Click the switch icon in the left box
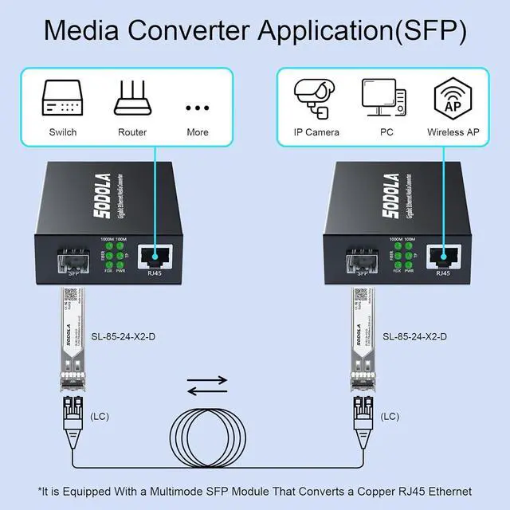point(62,98)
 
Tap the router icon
point(131,97)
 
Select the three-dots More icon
point(197,107)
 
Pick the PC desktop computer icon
point(383,97)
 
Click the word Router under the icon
point(132,132)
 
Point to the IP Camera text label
point(316,132)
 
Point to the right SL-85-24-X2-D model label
point(414,337)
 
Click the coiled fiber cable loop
point(210,438)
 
